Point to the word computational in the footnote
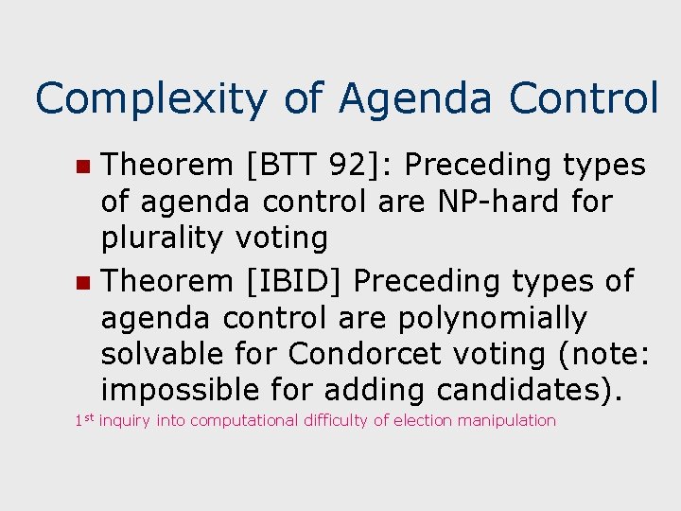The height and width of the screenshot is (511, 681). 245,421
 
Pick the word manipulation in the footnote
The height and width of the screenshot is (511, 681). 509,421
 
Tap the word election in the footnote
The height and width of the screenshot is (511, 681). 424,421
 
